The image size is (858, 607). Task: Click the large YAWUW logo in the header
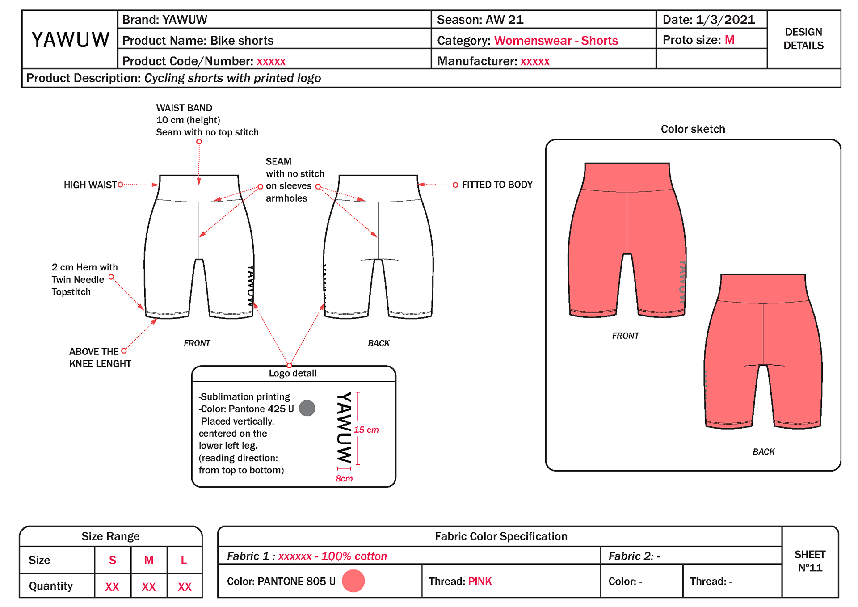[70, 40]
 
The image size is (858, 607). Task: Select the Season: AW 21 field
[480, 20]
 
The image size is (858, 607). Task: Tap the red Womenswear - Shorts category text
[555, 41]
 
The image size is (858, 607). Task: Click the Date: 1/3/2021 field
[708, 20]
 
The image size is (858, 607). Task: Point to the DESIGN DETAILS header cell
[803, 39]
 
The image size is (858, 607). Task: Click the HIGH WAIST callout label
[90, 185]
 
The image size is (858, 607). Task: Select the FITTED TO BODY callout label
[497, 185]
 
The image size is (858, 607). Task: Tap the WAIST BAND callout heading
[184, 108]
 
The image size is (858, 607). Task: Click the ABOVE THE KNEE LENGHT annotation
[100, 358]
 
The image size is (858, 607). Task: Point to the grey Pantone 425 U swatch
[307, 408]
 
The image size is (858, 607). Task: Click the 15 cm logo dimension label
[366, 430]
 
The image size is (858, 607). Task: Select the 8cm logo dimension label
[344, 479]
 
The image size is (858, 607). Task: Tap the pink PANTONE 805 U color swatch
[353, 581]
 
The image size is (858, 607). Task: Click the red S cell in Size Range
[113, 560]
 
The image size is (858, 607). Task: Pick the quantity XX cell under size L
[184, 586]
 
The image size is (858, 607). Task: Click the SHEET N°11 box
[810, 561]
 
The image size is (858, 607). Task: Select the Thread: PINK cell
[460, 581]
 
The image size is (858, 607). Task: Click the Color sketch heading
[693, 129]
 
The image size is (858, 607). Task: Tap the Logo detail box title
[293, 374]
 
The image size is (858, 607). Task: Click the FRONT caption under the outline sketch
[197, 343]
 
